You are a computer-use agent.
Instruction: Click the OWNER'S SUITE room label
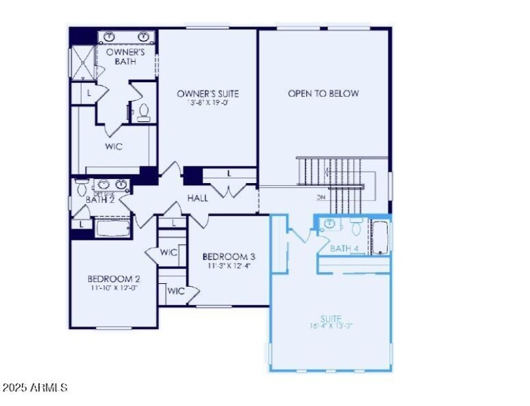pyautogui.click(x=207, y=94)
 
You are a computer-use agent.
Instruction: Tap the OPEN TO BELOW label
pyautogui.click(x=323, y=94)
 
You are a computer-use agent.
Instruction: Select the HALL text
pyautogui.click(x=197, y=198)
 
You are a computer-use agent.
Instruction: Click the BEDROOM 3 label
pyautogui.click(x=229, y=257)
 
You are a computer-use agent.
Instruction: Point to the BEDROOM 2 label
pyautogui.click(x=113, y=279)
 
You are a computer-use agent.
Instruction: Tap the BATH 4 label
pyautogui.click(x=344, y=248)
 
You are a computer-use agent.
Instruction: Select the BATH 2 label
pyautogui.click(x=101, y=199)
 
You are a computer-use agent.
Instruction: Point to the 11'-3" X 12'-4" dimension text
pyautogui.click(x=229, y=265)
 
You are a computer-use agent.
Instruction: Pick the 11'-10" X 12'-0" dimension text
pyautogui.click(x=113, y=288)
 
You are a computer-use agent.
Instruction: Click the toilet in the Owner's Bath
pyautogui.click(x=144, y=113)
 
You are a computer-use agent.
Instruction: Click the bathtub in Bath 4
pyautogui.click(x=381, y=238)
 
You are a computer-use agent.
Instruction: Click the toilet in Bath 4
pyautogui.click(x=356, y=229)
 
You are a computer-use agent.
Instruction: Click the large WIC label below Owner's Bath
pyautogui.click(x=113, y=147)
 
